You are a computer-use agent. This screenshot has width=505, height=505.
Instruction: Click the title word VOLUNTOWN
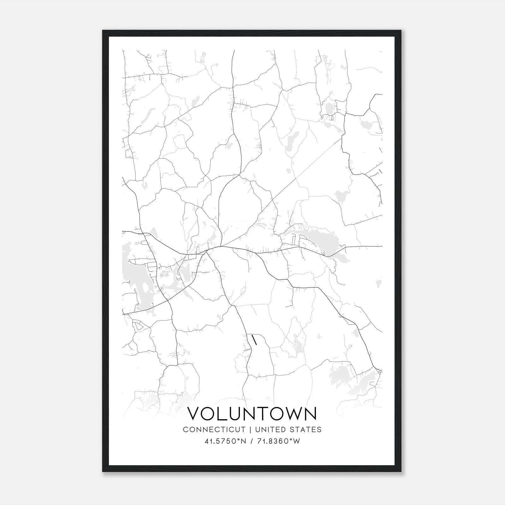tap(252, 414)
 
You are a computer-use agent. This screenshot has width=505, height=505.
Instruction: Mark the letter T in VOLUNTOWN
tap(266, 414)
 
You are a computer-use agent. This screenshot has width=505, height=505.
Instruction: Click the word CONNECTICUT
tap(214, 429)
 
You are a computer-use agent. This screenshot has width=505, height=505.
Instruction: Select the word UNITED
tap(268, 429)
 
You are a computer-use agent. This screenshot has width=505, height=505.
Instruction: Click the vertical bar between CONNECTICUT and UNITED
tap(250, 429)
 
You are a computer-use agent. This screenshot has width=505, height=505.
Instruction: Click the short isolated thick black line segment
tap(254, 340)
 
